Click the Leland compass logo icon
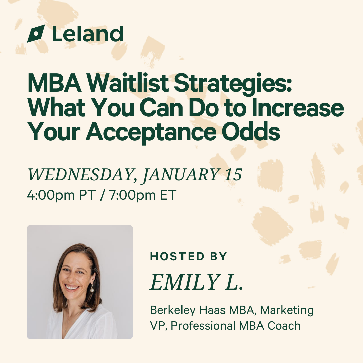(x=36, y=34)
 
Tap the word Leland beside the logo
(x=88, y=34)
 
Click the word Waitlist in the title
(x=128, y=83)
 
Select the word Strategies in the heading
(x=233, y=84)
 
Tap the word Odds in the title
(x=251, y=131)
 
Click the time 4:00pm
(x=51, y=195)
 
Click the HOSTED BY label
(x=188, y=256)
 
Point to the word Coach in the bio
(x=284, y=326)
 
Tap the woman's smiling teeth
(x=72, y=288)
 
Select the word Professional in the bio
(x=203, y=326)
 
